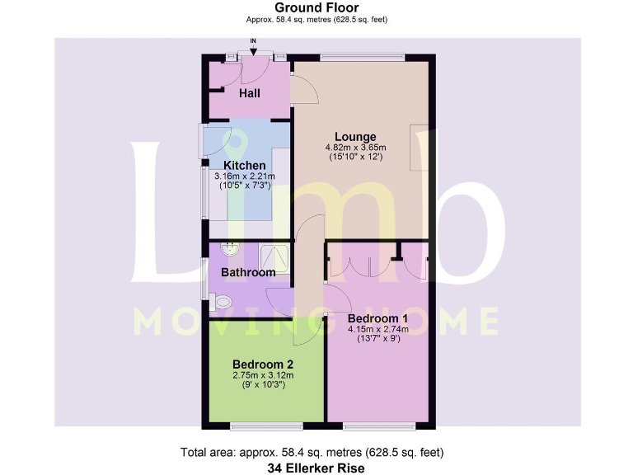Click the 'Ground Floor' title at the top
pos(316,7)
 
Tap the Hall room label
pos(250,93)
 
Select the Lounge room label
pos(355,137)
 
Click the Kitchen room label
pos(245,166)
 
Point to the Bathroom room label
pos(248,272)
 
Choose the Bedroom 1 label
pos(377,318)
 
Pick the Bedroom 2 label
pos(263,364)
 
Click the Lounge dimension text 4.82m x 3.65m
pos(355,148)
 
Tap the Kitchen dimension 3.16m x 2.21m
pos(245,176)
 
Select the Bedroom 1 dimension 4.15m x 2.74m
pos(377,329)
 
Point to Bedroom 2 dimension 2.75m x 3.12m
pos(263,374)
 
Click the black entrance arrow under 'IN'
pos(253,51)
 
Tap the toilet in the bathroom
pos(219,303)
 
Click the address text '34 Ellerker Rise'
pos(316,468)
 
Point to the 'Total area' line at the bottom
pos(316,453)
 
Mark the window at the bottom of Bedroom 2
pos(265,426)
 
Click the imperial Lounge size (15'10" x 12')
pos(355,157)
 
